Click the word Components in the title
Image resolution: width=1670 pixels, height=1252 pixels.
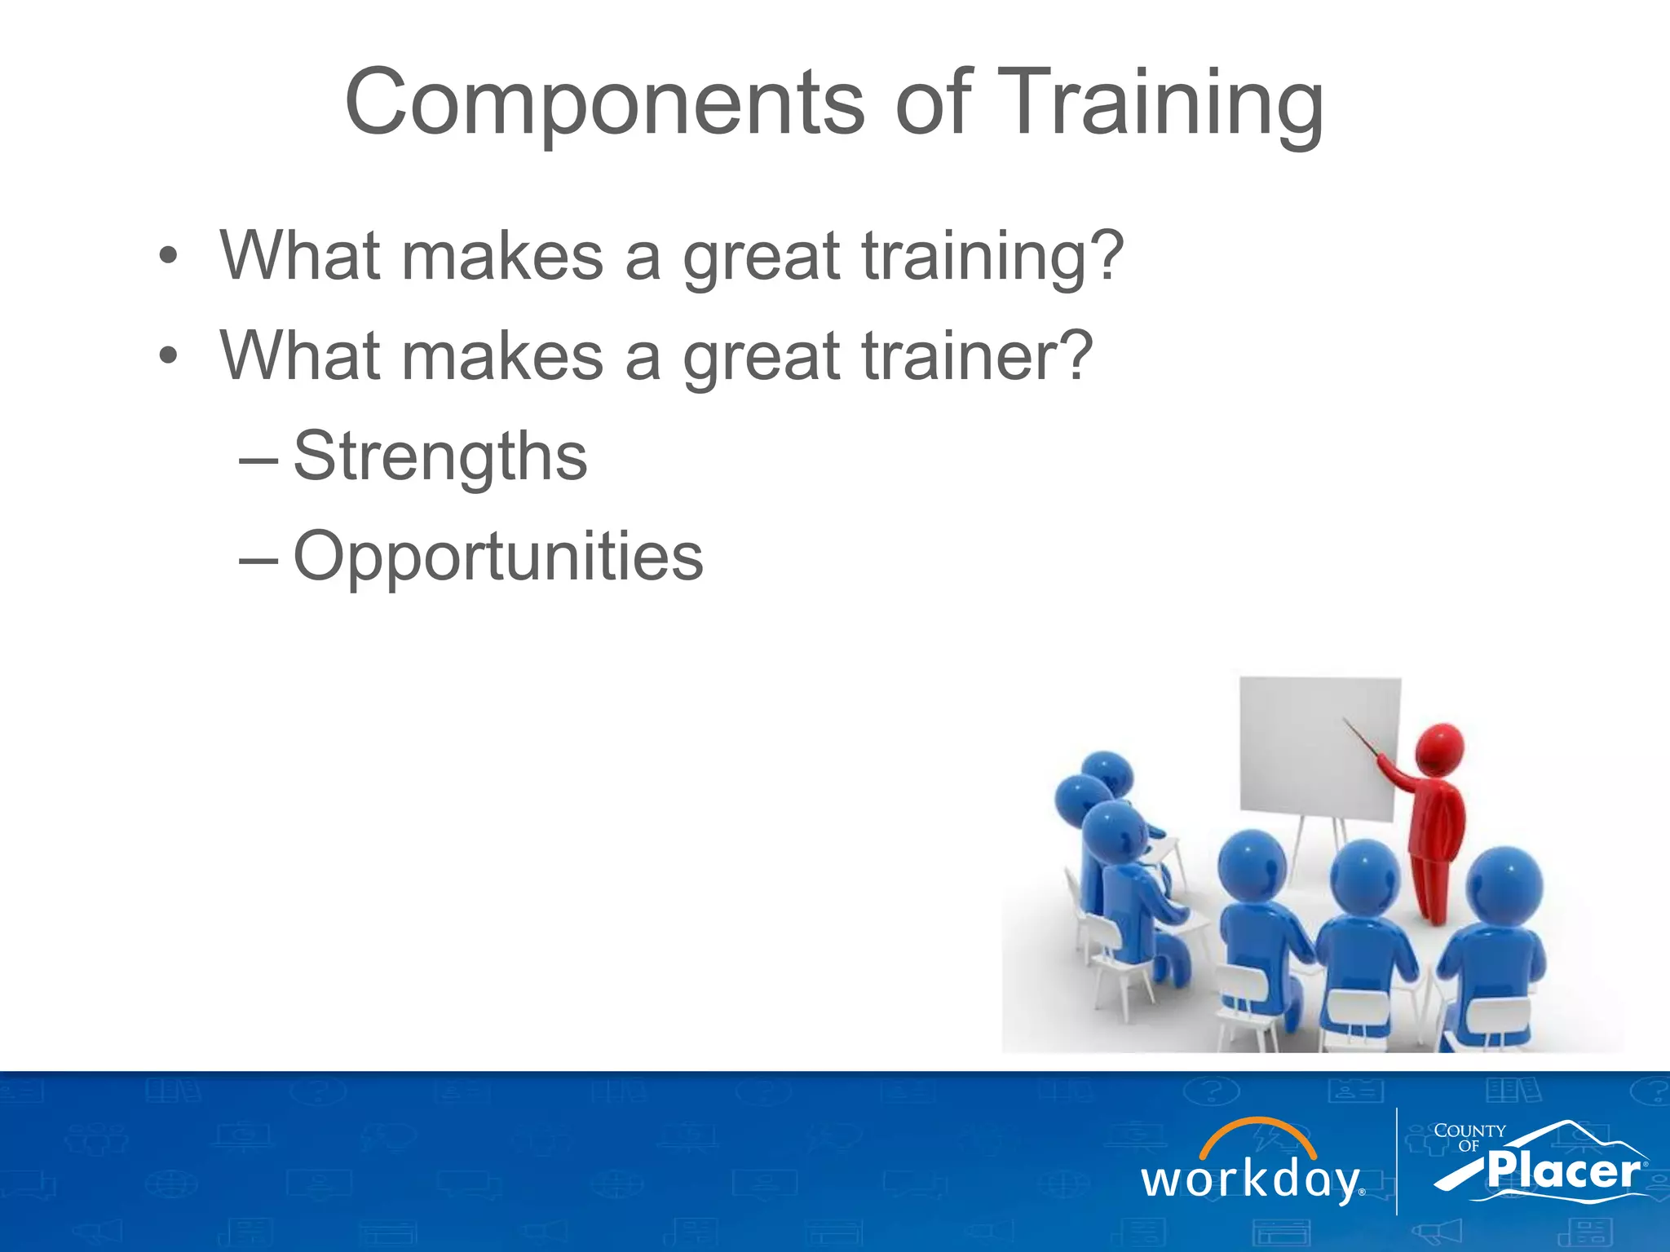coord(604,104)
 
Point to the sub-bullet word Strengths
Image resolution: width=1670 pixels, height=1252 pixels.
coord(440,456)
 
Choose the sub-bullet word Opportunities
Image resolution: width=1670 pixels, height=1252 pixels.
coord(498,557)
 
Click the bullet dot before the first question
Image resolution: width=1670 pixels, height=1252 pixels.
coord(168,258)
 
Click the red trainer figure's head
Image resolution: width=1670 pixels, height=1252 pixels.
coord(1439,747)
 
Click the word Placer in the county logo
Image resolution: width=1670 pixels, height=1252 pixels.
coord(1563,1171)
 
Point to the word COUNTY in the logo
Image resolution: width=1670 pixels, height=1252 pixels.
coord(1469,1131)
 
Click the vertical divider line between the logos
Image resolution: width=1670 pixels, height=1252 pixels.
coord(1397,1162)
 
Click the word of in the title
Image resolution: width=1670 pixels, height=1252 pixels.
coord(933,104)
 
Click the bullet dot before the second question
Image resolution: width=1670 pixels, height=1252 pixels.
coord(168,357)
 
